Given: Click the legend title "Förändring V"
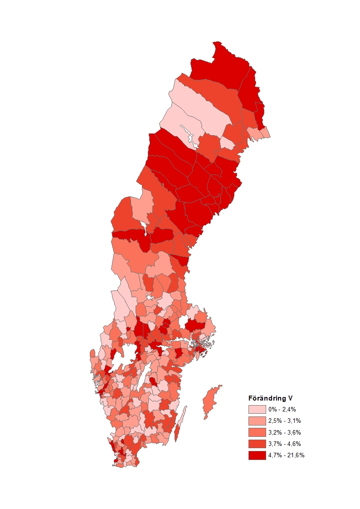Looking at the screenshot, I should click(x=270, y=398).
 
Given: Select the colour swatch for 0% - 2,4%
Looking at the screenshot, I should click(x=257, y=409).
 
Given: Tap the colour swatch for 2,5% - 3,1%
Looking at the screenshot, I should click(x=257, y=421).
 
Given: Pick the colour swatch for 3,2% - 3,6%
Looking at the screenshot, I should click(x=257, y=432).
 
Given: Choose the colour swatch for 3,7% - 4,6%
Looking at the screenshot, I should click(x=257, y=443).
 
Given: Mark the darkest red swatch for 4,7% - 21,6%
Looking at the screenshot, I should click(x=257, y=455).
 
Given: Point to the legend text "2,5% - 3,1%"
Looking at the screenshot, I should click(x=284, y=421).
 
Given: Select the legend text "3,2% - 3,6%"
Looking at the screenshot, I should click(x=284, y=432).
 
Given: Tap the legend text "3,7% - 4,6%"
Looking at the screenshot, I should click(x=284, y=443).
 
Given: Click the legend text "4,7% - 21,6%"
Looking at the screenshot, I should click(x=286, y=455).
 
